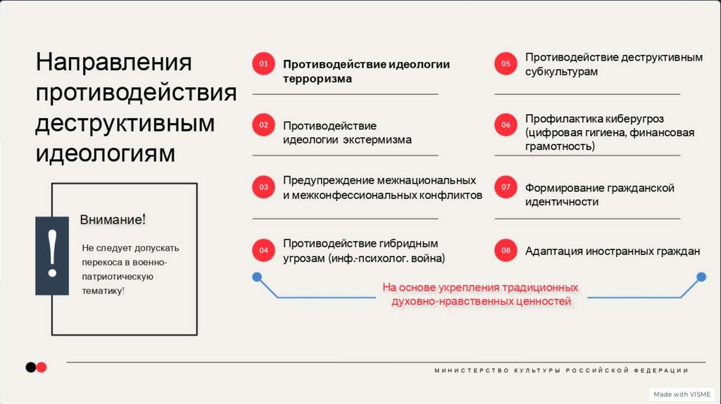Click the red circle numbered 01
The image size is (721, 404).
263,64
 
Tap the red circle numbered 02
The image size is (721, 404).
263,125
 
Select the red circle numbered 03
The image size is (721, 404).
263,187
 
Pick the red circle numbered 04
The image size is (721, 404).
263,250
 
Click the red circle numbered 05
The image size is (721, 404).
506,64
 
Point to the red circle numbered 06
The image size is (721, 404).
506,125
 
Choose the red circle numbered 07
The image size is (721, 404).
506,187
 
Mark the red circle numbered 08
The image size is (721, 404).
506,250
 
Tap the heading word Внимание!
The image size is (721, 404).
113,220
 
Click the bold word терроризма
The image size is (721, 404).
318,79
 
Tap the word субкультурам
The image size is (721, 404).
561,72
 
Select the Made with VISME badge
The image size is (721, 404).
681,394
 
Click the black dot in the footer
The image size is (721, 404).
30,367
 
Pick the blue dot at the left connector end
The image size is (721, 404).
257,276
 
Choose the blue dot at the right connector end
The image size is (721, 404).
701,276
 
